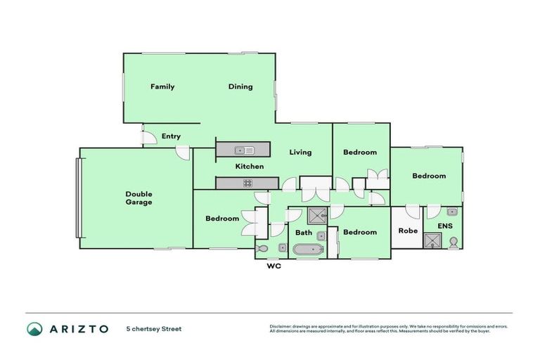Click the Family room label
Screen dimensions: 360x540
coord(162,87)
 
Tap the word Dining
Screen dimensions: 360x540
coord(240,87)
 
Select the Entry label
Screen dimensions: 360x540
coord(171,136)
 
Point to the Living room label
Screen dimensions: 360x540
coord(300,153)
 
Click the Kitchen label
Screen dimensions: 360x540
coord(249,167)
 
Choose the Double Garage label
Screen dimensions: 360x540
coord(139,198)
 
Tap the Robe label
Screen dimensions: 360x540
coord(409,231)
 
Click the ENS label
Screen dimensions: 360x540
coord(445,226)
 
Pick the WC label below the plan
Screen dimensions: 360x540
coord(274,266)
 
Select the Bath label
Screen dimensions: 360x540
coord(304,233)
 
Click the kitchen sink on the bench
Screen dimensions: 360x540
coord(244,150)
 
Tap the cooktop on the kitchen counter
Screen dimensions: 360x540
coord(247,184)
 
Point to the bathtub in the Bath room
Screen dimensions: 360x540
coord(307,249)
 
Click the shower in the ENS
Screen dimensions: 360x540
coord(430,240)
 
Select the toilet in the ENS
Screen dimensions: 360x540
coord(454,243)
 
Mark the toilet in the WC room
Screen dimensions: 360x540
coord(262,248)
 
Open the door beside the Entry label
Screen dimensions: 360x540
coord(148,138)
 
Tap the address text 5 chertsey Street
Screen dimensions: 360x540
coord(153,328)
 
